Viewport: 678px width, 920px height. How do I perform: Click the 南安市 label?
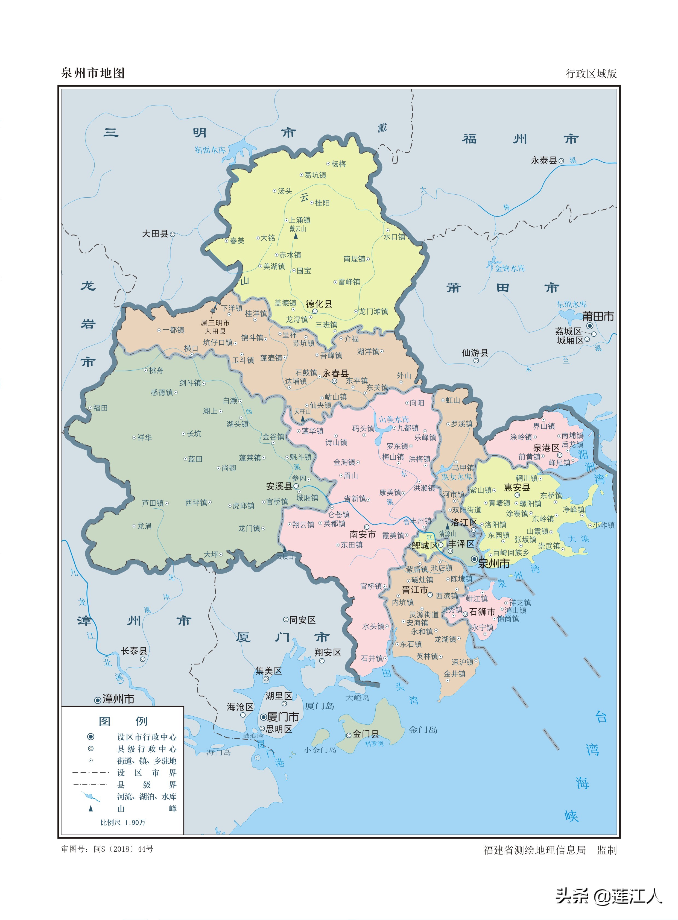(363, 534)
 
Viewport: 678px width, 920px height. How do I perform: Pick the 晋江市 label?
(414, 590)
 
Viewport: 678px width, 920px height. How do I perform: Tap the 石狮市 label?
(482, 612)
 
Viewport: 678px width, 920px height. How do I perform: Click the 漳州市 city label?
(118, 699)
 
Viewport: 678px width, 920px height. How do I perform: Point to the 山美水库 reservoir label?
(394, 419)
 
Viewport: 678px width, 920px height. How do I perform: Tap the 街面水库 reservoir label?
(210, 150)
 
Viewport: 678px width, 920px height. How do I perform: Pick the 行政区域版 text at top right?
(591, 74)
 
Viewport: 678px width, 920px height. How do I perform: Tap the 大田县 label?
(155, 234)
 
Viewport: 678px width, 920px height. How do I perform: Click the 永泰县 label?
(544, 160)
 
